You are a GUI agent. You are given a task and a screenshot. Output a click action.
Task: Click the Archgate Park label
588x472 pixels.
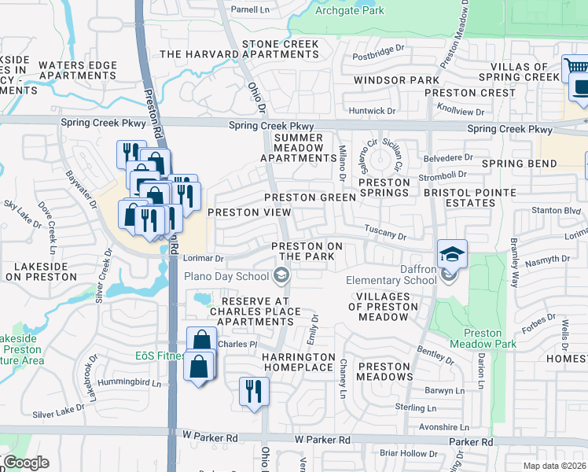349,11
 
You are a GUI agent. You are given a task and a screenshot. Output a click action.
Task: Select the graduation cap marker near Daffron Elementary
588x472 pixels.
453,254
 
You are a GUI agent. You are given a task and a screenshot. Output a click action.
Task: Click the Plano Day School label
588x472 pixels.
226,275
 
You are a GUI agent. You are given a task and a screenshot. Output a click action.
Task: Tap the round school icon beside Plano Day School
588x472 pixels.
280,275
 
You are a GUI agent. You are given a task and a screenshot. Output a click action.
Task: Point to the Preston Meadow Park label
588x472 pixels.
483,338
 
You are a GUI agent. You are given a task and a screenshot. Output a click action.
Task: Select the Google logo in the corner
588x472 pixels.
26,463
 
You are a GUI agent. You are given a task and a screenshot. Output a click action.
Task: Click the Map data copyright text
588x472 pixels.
554,466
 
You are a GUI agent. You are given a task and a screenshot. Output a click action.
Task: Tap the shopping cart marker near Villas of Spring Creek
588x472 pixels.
572,68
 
